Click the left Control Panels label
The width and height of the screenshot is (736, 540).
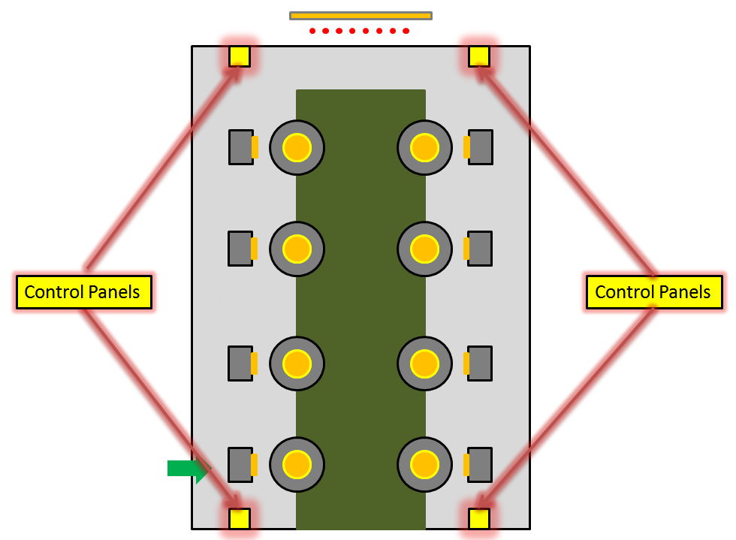pos(83,292)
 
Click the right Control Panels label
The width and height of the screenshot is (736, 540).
pos(653,292)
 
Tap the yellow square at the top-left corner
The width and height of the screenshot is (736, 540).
pos(240,56)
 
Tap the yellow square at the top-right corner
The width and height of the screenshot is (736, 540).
pos(479,56)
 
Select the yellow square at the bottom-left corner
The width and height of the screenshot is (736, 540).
pos(240,518)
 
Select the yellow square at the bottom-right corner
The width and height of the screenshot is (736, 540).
pos(479,518)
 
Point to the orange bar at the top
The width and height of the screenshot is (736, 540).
pos(360,15)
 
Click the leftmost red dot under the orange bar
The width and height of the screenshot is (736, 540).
pos(312,32)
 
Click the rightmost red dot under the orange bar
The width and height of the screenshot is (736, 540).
pos(406,32)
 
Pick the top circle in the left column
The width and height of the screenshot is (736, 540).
pos(297,147)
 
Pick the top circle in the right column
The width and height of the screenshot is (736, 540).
pos(424,147)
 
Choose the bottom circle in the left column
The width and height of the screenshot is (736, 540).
pos(297,465)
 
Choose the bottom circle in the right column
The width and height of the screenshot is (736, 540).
pos(424,465)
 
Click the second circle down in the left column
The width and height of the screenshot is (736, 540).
pos(297,249)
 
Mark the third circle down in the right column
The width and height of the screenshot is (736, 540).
pos(424,364)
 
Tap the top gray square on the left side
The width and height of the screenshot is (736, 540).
pos(240,147)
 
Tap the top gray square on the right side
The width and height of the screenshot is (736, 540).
pos(481,147)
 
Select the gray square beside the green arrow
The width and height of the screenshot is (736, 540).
pos(240,465)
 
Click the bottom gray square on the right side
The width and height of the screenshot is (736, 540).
pos(481,465)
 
